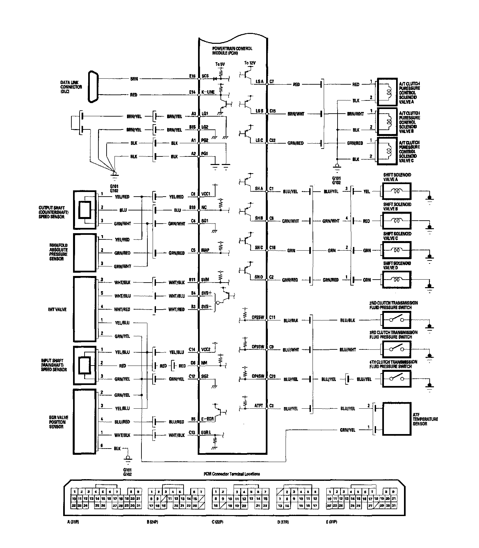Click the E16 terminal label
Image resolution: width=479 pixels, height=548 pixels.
pyautogui.click(x=192, y=76)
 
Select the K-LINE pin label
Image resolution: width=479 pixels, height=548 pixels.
pyautogui.click(x=208, y=92)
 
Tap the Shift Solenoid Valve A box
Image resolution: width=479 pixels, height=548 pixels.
pyautogui.click(x=396, y=191)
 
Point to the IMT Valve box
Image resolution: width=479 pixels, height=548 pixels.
pyautogui.click(x=85, y=309)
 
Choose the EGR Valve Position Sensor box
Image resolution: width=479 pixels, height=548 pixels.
pyautogui.click(x=85, y=422)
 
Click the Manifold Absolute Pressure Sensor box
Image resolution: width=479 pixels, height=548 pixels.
pyautogui.click(x=85, y=253)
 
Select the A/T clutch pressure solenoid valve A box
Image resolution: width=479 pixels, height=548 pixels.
pyautogui.click(x=388, y=90)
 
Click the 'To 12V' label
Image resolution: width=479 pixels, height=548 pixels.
pyautogui.click(x=250, y=63)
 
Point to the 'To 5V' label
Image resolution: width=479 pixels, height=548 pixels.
pyautogui.click(x=220, y=64)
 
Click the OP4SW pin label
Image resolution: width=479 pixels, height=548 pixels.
pyautogui.click(x=258, y=376)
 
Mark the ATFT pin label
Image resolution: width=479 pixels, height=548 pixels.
pyautogui.click(x=259, y=406)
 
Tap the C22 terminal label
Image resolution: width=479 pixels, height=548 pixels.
pyautogui.click(x=272, y=140)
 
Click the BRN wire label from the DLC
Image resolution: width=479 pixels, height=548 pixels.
pyautogui.click(x=134, y=79)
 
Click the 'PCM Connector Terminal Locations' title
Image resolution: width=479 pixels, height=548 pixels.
pyautogui.click(x=231, y=474)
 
